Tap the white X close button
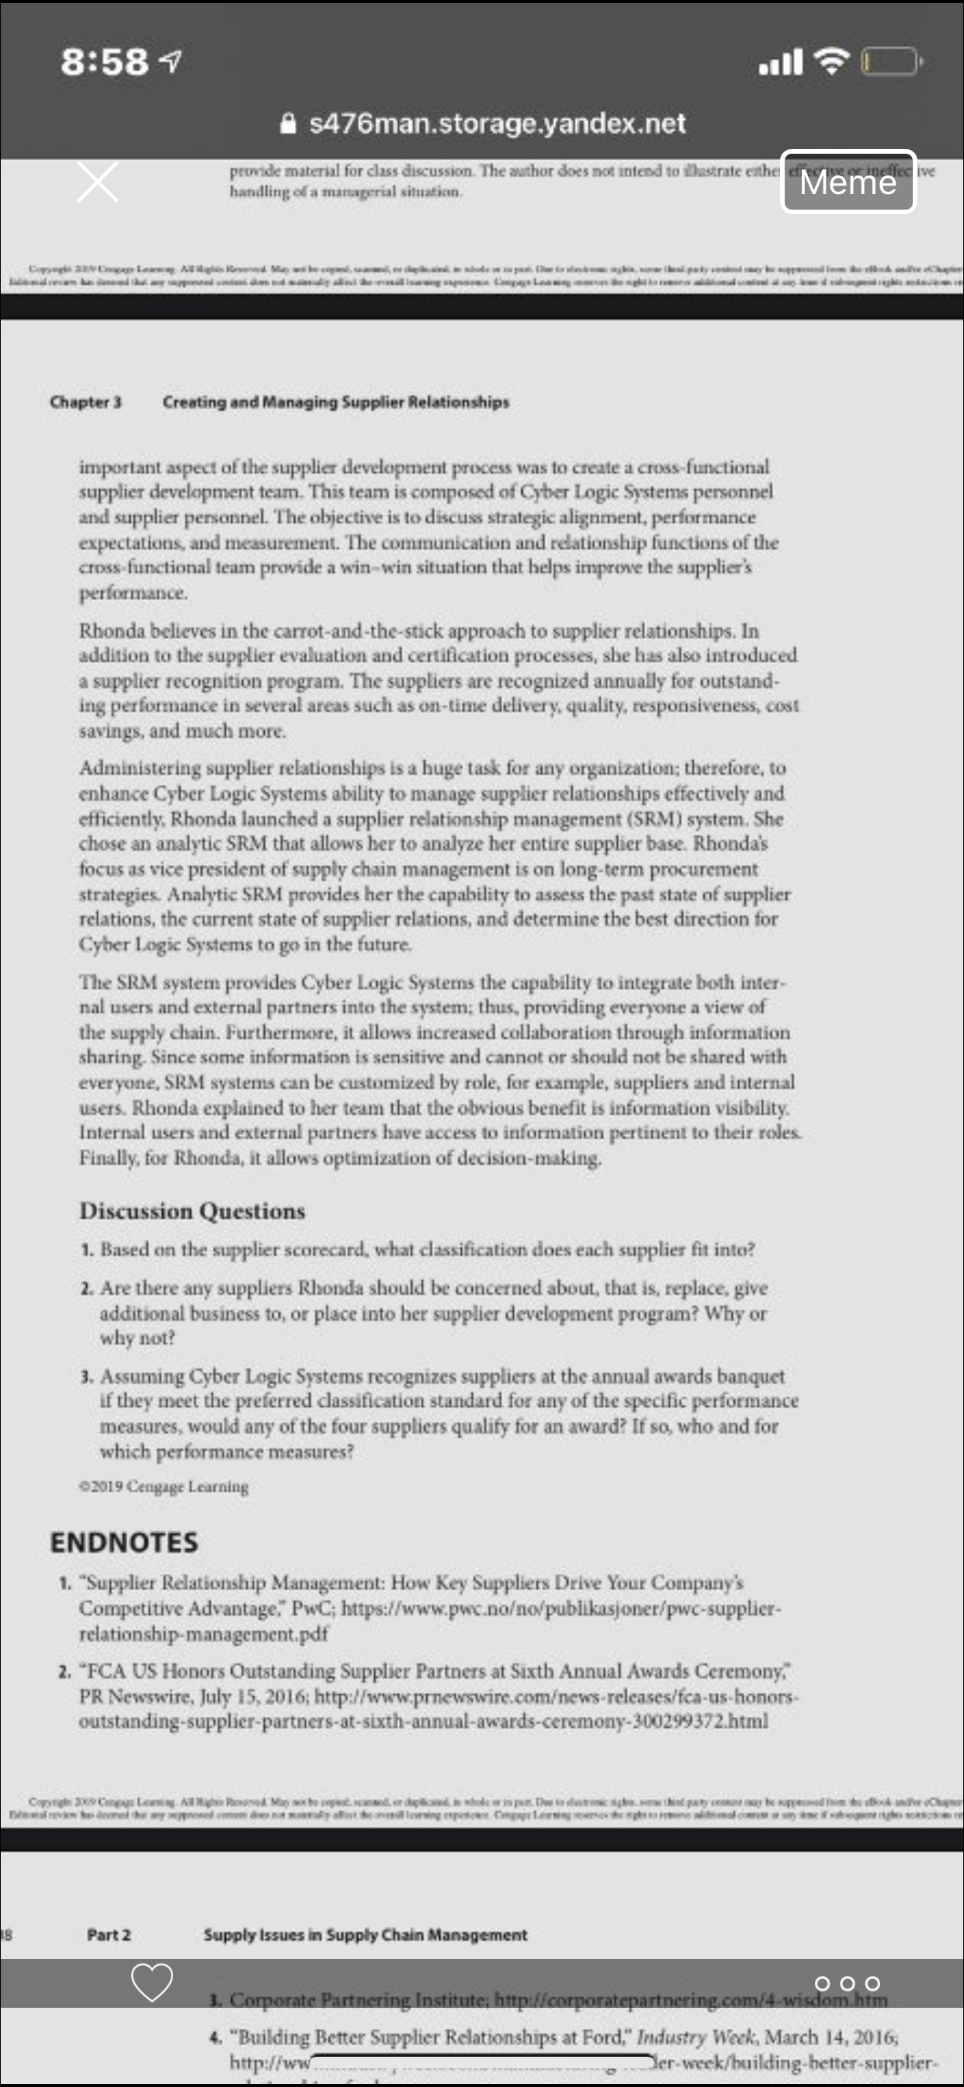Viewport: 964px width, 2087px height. click(x=98, y=181)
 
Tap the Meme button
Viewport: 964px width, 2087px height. click(x=848, y=182)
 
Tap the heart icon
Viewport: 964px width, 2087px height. click(x=152, y=1981)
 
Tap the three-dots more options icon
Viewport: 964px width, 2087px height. click(x=847, y=1983)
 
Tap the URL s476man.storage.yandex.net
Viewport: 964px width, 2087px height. click(x=497, y=123)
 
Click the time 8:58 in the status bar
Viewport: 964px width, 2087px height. click(x=105, y=61)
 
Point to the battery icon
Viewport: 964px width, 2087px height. click(x=890, y=61)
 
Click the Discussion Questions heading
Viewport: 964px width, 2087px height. click(x=192, y=1210)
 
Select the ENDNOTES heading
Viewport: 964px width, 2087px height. click(x=124, y=1542)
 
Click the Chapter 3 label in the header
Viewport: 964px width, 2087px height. click(x=85, y=402)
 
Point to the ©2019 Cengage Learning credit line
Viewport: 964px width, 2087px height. click(x=164, y=1487)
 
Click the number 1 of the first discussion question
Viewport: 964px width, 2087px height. click(x=87, y=1250)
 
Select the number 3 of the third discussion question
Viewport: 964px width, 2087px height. click(x=87, y=1377)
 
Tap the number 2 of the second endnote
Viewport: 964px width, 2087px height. click(x=64, y=1672)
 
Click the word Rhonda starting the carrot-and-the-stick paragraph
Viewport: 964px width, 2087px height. click(x=112, y=630)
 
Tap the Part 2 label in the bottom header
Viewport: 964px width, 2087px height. click(x=109, y=1935)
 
